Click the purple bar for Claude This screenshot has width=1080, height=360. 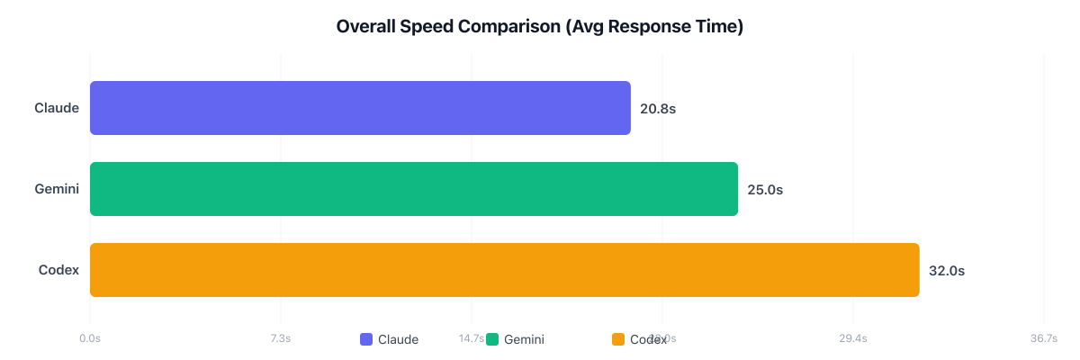360,108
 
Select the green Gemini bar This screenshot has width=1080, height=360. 414,189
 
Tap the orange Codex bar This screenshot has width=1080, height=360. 504,270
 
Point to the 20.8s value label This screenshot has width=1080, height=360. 658,109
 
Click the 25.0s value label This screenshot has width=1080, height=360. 765,190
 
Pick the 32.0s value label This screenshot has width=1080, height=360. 947,271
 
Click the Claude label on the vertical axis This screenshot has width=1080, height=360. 57,108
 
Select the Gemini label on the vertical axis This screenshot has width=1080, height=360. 57,189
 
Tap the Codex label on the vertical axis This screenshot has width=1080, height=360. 59,270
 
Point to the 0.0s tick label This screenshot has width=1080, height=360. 89,338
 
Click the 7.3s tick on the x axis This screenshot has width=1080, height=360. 280,338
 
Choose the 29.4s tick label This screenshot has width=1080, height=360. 852,338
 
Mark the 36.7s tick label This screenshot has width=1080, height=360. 1043,338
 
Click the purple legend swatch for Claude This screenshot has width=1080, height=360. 366,339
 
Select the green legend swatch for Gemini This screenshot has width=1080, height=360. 492,339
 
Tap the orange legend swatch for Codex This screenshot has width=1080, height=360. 618,339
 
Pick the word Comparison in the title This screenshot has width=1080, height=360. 509,27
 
